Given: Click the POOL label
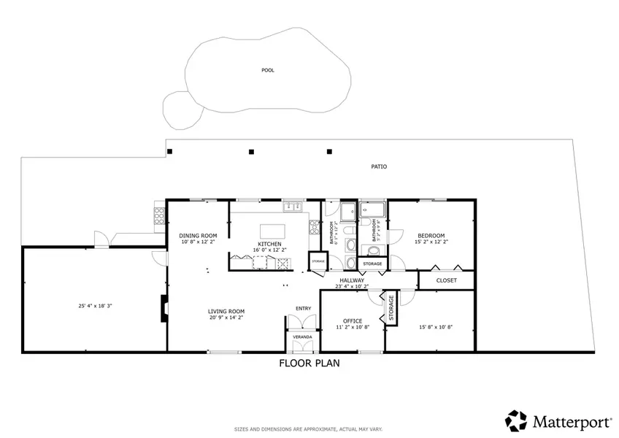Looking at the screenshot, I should click(x=269, y=71).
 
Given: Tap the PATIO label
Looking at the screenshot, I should click(x=378, y=167).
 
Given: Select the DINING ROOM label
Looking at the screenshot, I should click(x=198, y=235).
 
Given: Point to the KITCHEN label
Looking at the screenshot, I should click(x=269, y=244).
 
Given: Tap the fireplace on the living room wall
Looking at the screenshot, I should click(x=164, y=307).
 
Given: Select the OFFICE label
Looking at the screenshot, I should click(x=353, y=320).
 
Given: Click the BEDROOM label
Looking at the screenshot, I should click(x=431, y=235).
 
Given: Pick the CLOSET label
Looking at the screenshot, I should click(x=446, y=280).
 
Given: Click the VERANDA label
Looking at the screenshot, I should click(x=302, y=337).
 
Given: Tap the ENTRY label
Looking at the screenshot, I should click(x=303, y=308).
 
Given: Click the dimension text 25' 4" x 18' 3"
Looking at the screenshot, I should click(x=96, y=306).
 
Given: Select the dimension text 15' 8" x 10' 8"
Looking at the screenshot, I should click(x=436, y=327).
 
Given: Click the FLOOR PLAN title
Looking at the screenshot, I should click(x=309, y=363).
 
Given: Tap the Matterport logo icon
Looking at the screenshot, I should click(x=516, y=420).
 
